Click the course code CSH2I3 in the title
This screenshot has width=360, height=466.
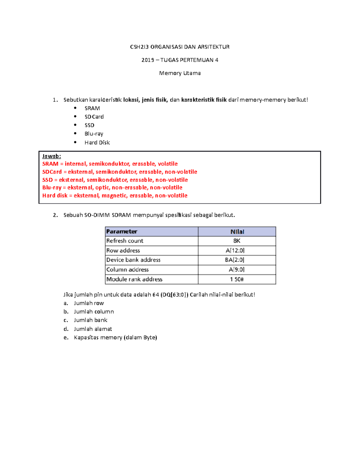point(139,47)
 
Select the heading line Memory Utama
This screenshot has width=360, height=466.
point(180,73)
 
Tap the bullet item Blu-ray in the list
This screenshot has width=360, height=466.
point(94,134)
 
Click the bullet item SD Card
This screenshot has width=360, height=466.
point(94,116)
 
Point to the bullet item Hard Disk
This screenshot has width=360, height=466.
point(97,143)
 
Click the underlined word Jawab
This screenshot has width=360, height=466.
point(51,156)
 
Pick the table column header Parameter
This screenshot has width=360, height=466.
point(121,231)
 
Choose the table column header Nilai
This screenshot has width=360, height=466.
point(237,232)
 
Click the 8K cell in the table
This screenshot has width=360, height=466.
point(237,241)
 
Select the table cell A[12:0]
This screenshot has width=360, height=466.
point(235,250)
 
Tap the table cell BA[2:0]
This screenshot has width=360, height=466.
point(234,260)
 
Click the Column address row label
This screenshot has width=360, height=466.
point(127,269)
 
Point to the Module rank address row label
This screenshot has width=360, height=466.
point(134,279)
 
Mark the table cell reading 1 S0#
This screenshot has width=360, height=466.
point(237,279)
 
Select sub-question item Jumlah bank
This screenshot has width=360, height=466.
point(90,320)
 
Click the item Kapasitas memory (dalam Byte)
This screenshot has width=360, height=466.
point(115,337)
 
